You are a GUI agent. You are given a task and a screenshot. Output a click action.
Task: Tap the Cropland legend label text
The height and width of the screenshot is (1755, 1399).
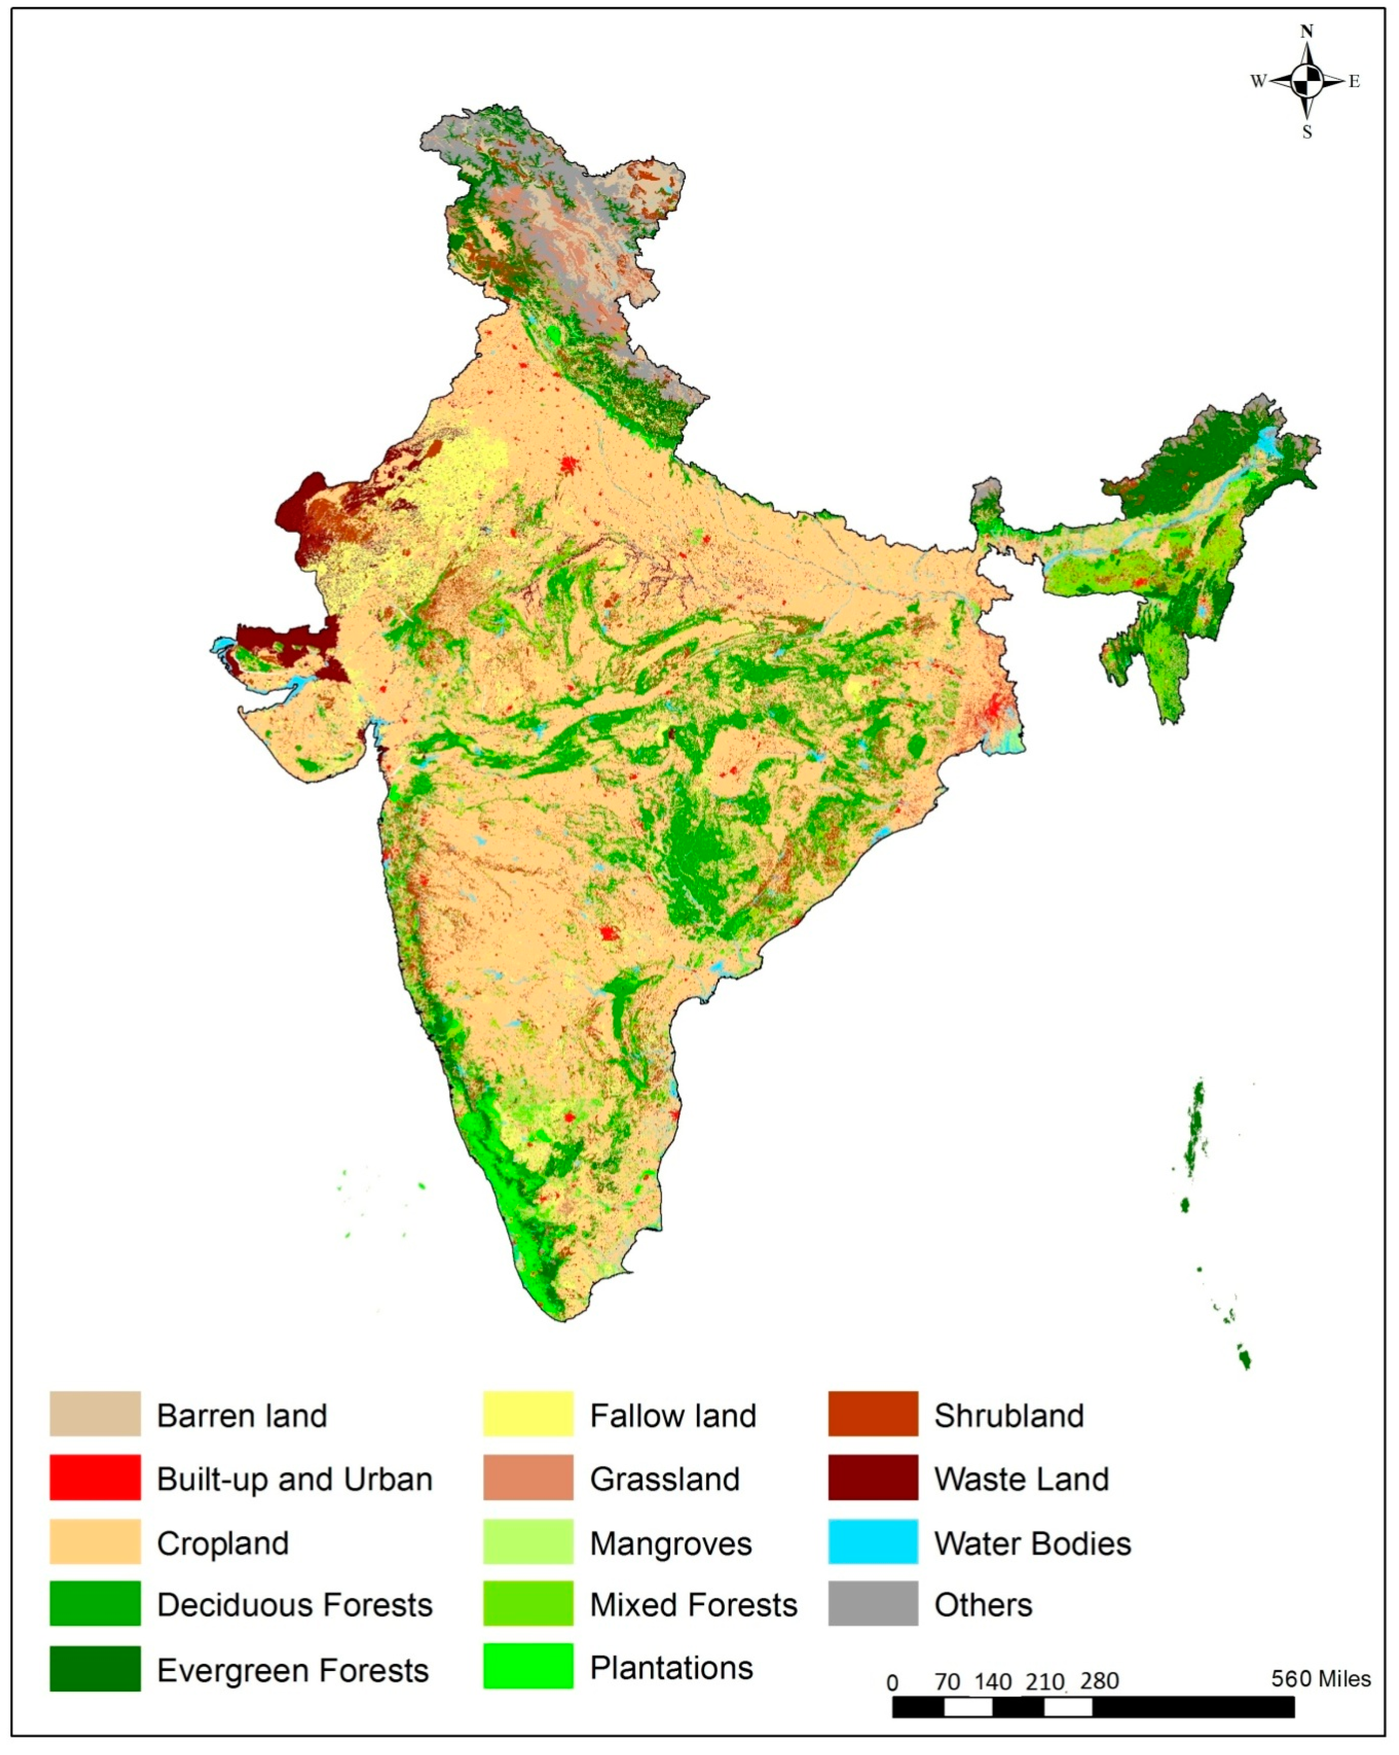[x=222, y=1543]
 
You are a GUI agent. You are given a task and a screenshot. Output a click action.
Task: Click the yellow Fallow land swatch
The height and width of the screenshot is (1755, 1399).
[x=528, y=1414]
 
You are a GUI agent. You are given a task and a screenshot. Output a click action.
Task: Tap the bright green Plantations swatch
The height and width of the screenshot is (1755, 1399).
[x=528, y=1666]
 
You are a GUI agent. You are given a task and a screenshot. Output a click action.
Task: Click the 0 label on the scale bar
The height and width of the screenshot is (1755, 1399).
[x=893, y=1682]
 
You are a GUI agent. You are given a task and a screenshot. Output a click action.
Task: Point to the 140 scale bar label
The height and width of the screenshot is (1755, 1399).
[x=993, y=1682]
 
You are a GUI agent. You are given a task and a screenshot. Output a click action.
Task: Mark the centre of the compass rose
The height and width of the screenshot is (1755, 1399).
[x=1307, y=81]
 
